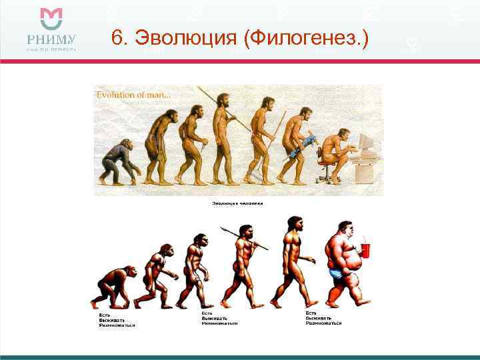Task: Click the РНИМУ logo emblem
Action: pos(51,20)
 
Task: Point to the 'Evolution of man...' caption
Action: pos(133,95)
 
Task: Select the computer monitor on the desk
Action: pos(365,142)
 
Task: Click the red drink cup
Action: pos(365,250)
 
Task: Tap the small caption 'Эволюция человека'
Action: pos(237,203)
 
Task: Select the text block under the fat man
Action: pos(323,318)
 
